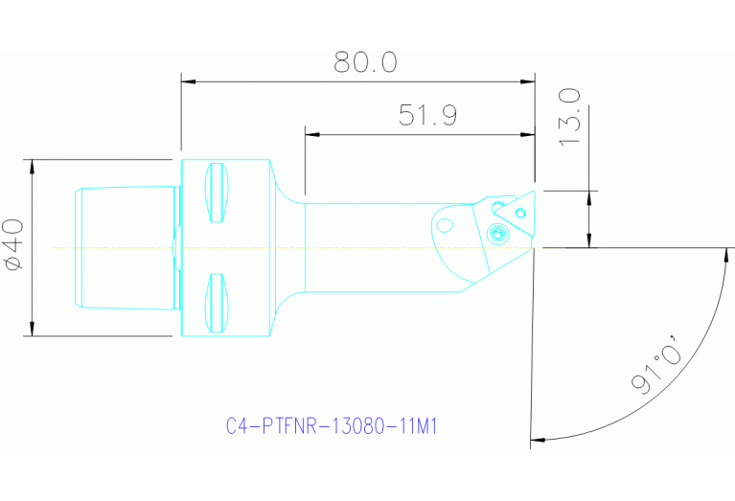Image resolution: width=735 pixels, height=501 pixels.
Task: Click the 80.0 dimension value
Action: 365,63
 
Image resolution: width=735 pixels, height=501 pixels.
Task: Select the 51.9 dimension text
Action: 427,116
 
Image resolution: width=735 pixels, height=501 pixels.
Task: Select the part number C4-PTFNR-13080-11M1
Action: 332,425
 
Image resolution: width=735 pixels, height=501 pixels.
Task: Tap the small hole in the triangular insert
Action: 520,210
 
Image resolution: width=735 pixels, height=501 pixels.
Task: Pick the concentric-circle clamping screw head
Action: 496,231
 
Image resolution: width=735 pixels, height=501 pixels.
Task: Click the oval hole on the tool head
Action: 444,226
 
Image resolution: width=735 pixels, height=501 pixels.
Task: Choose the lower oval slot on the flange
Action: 218,304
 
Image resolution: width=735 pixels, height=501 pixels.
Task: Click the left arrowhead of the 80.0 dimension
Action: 187,82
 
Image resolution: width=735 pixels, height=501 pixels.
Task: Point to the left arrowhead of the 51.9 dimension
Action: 310,135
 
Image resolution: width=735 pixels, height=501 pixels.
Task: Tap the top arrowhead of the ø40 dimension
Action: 33,165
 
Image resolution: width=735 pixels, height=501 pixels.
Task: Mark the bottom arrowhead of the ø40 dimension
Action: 33,330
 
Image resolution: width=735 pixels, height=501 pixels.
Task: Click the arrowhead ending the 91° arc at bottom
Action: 536,440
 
